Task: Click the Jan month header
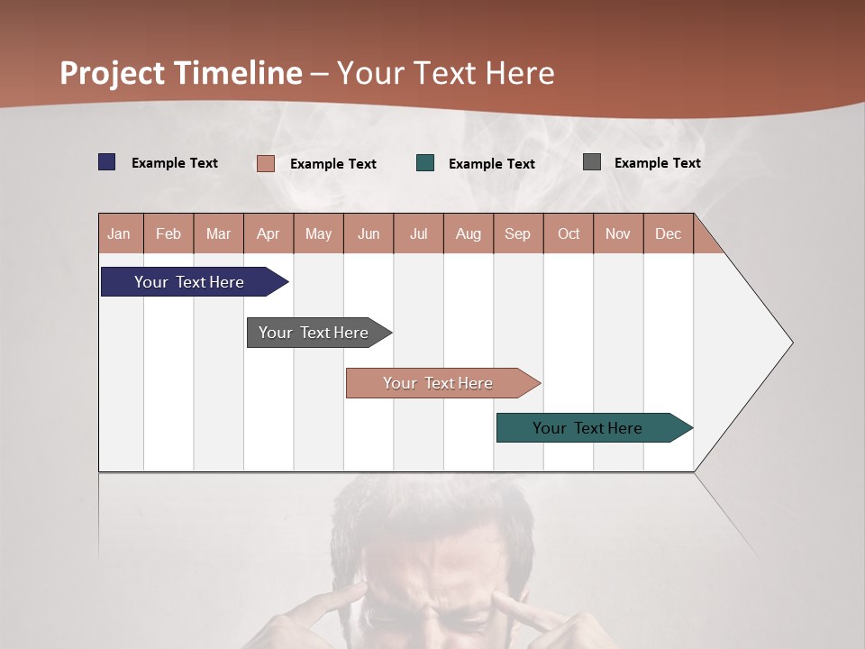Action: coord(120,233)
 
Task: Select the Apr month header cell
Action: coord(269,233)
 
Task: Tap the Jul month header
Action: coord(418,233)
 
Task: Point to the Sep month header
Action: coord(517,233)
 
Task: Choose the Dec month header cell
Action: coord(668,233)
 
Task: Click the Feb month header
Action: coord(168,233)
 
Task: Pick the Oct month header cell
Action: coord(569,233)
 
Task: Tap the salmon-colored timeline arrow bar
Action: coord(439,383)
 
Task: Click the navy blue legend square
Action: coord(107,162)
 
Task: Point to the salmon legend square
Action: coord(266,163)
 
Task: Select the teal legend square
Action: coord(425,163)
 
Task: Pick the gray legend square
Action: coord(592,162)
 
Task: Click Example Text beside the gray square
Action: coord(657,163)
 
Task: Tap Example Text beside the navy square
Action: coord(174,163)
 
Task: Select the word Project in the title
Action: coord(113,73)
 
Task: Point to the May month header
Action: coord(318,233)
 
